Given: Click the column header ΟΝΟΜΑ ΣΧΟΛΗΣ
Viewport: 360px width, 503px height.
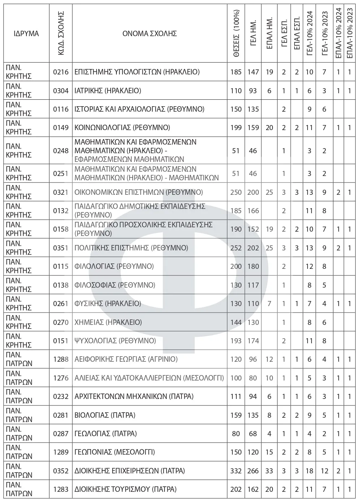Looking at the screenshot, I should point(149,34).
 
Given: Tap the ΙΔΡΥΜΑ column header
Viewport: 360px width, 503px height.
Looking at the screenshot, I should point(26,34).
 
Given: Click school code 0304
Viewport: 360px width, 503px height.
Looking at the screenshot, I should point(61,91).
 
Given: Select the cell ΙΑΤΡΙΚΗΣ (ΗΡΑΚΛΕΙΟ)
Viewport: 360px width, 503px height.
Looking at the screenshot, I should point(107,91).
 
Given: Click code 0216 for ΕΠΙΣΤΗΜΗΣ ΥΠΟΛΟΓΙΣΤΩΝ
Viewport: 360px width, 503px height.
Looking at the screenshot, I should point(61,72).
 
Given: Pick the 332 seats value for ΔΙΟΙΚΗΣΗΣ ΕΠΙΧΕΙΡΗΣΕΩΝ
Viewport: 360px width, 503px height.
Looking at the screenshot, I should point(236,471).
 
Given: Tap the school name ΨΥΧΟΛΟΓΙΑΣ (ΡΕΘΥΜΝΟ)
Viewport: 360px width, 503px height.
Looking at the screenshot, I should point(115,341).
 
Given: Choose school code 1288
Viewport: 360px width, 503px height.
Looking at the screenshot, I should point(61,359).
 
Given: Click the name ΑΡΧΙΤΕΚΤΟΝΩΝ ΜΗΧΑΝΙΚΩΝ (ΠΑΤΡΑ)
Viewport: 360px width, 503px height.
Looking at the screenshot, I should point(134,396).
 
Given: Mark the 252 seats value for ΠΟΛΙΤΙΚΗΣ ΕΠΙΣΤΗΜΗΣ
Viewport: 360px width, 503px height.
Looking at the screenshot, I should point(236,248).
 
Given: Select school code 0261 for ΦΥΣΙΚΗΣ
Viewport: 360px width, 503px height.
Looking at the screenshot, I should point(61,304).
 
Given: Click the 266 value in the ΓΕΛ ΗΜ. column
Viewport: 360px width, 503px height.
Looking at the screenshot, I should point(253,471).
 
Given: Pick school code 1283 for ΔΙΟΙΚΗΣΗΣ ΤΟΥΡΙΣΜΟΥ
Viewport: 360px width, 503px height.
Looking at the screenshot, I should point(61,489).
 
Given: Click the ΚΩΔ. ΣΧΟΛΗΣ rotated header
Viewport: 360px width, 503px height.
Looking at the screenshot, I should point(61,34).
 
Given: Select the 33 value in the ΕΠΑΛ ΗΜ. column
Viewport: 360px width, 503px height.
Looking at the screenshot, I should point(269,471).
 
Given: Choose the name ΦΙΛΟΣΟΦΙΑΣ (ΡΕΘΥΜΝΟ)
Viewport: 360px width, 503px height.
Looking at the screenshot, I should point(115,285).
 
